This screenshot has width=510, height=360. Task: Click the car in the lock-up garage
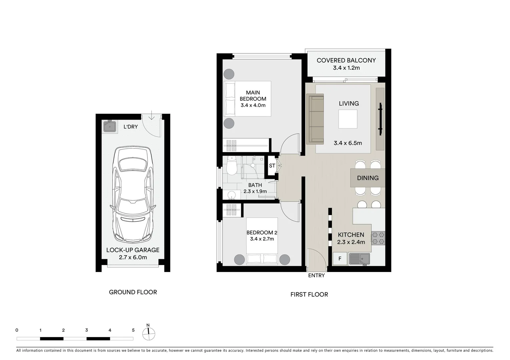point(133,195)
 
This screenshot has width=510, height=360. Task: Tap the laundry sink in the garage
point(110,126)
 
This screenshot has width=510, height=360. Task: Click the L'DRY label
point(130,127)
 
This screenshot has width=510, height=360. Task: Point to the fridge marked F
point(340,259)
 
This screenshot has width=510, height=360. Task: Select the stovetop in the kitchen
point(378,238)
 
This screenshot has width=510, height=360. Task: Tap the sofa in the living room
point(315,119)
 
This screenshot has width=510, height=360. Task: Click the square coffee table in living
point(348,119)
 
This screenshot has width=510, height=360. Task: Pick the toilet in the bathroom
point(232,166)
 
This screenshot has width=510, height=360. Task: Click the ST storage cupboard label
point(272,166)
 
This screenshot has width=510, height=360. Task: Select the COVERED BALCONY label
point(346,60)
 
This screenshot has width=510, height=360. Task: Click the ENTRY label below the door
point(316,276)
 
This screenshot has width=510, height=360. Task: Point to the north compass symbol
point(148,332)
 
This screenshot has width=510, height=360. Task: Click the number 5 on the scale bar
point(133,330)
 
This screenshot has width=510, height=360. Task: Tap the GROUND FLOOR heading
point(133,292)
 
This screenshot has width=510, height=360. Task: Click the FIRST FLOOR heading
point(309,294)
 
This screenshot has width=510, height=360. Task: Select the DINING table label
point(368,178)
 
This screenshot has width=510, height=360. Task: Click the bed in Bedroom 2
point(262,241)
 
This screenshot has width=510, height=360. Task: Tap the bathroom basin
point(232,195)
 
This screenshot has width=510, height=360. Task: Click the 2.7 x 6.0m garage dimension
point(133,257)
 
